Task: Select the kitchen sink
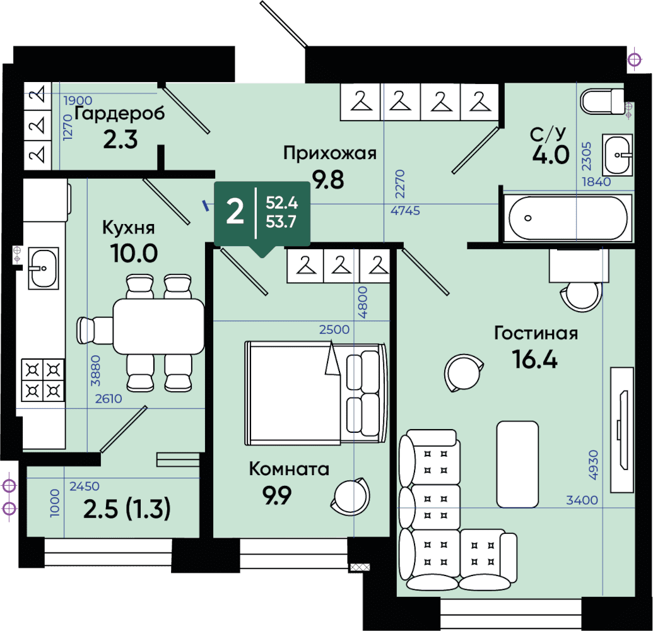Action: [x=44, y=268]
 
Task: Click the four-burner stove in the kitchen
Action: [x=43, y=380]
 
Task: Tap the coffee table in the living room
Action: [x=517, y=464]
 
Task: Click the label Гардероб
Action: [x=119, y=114]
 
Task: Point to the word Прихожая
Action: [x=330, y=153]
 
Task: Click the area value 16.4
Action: [x=535, y=359]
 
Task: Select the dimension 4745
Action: [x=405, y=210]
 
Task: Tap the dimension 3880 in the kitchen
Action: [x=96, y=370]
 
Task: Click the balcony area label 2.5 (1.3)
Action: [x=127, y=509]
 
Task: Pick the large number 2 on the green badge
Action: [x=235, y=211]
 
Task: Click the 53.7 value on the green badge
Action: [x=281, y=221]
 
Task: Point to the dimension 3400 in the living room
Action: [x=582, y=500]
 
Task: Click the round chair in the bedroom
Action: [x=351, y=495]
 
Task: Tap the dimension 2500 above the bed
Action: [x=334, y=329]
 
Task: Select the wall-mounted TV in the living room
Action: [x=622, y=430]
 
